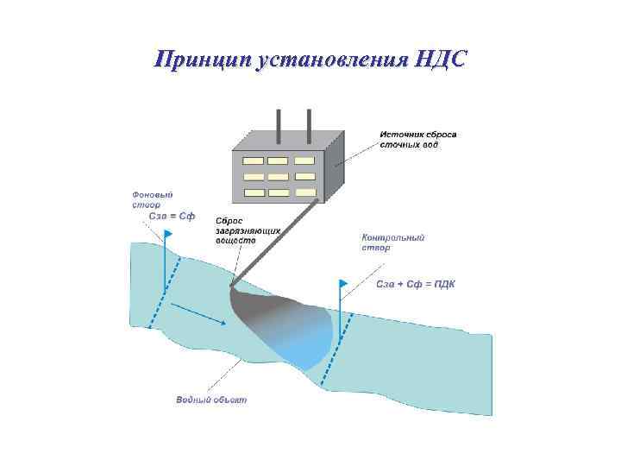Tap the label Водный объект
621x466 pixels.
[211, 400]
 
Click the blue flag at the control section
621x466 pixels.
[343, 283]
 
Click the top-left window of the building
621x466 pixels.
[253, 161]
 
